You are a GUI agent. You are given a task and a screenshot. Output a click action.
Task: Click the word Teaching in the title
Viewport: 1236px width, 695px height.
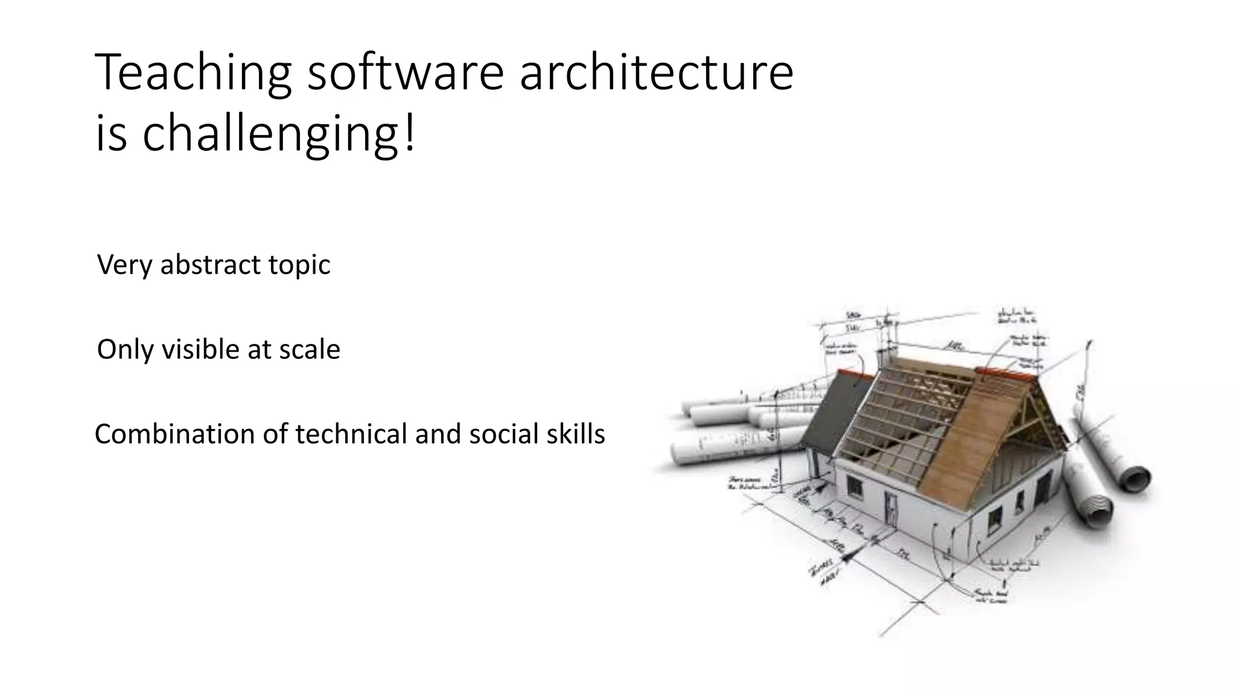(193, 74)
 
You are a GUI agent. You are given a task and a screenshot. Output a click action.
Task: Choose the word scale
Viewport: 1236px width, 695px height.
(309, 349)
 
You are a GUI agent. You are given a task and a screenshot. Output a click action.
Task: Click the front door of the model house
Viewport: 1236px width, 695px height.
(891, 507)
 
